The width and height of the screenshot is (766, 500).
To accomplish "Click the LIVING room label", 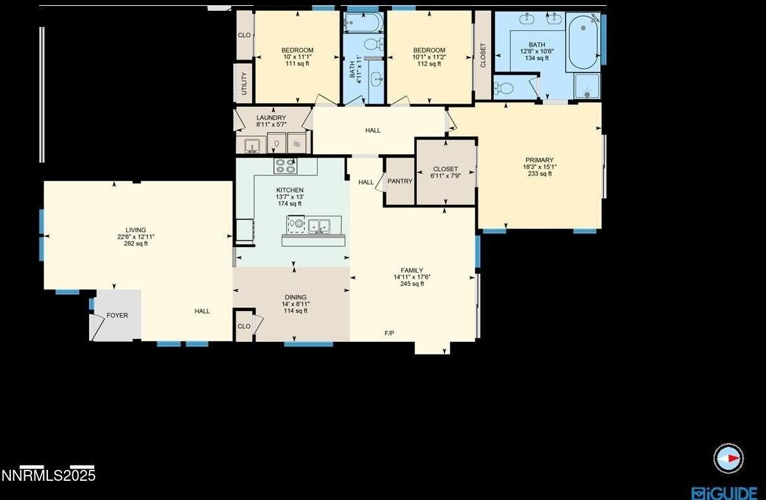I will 136,230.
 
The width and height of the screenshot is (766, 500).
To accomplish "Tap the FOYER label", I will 117,315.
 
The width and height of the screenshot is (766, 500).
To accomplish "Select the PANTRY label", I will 400,181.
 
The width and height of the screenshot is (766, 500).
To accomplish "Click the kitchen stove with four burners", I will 286,166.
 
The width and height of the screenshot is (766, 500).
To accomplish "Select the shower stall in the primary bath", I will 587,86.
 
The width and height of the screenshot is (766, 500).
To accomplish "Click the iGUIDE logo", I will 724,492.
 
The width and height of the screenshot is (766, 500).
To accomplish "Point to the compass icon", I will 728,458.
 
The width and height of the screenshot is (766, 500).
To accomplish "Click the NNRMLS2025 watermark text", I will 48,476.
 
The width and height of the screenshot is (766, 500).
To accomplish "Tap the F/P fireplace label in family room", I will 389,333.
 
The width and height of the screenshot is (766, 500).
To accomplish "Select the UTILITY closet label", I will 244,84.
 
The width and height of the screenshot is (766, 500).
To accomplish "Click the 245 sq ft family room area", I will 412,284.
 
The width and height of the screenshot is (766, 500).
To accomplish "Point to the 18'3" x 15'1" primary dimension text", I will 539,167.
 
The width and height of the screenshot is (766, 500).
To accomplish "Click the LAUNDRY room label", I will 271,118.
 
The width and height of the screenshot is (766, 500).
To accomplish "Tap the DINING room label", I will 295,297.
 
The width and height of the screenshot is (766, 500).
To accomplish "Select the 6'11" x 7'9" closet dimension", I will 445,176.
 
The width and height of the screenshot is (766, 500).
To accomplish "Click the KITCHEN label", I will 289,190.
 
